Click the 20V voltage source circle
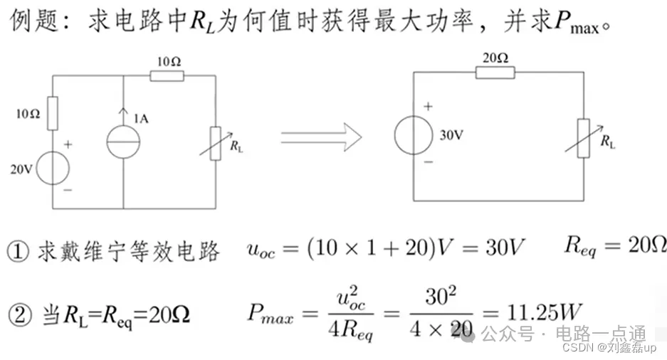[53, 169]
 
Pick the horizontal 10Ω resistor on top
[168, 76]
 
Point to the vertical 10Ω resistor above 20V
[53, 114]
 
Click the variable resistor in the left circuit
[215, 143]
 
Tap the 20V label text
[21, 169]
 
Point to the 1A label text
[142, 119]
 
